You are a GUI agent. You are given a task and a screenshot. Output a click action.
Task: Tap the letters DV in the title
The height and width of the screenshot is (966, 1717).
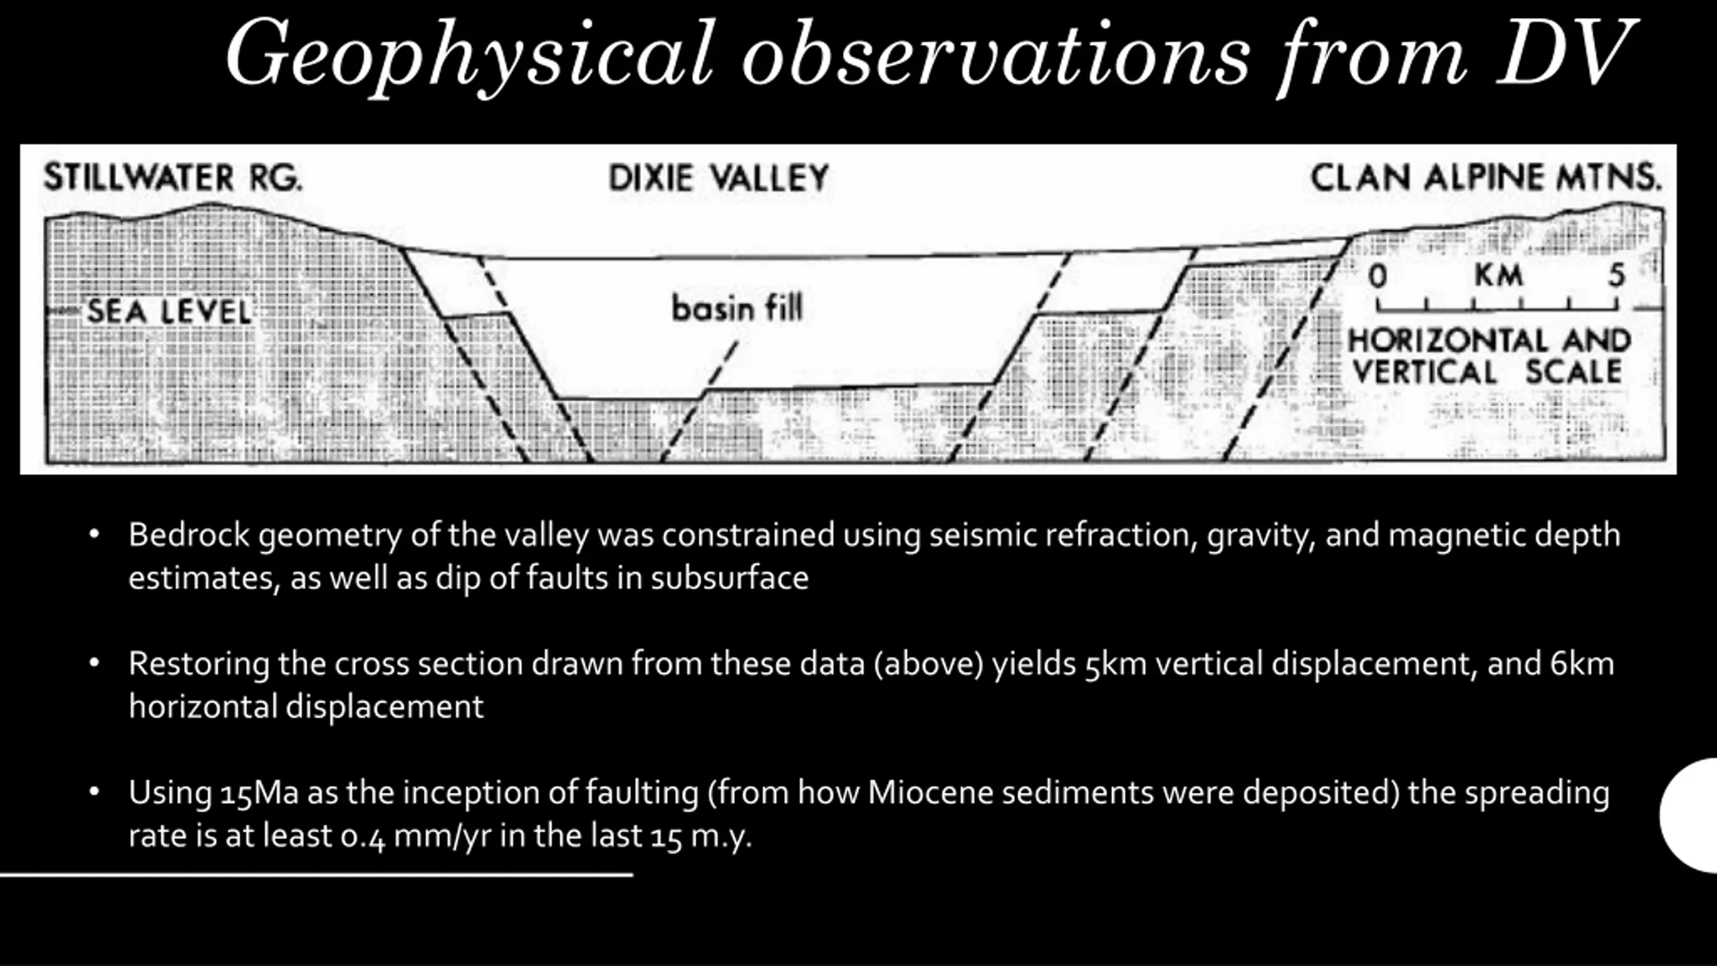pos(1566,54)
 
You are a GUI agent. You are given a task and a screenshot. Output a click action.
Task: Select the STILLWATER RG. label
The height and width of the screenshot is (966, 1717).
pos(173,178)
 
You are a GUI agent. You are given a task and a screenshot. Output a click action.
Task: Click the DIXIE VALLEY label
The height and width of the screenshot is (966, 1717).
pos(719,178)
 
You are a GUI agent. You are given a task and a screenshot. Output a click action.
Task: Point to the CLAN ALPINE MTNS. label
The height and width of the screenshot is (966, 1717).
pos(1486,178)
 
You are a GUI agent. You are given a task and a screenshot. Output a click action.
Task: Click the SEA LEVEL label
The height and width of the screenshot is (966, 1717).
pos(169,313)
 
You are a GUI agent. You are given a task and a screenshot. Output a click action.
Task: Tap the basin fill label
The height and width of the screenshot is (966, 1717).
pos(737,309)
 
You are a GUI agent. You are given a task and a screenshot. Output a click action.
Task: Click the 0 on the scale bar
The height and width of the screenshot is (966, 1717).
pos(1378,276)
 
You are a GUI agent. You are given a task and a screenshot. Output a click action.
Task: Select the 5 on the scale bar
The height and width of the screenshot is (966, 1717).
pos(1617,275)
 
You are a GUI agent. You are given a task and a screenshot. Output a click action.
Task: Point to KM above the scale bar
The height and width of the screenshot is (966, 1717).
pos(1498,275)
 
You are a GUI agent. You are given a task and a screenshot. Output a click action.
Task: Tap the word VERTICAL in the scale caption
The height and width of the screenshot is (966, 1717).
pos(1424,372)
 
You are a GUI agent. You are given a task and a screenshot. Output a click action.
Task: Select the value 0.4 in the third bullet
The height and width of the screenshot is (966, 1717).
pos(363,837)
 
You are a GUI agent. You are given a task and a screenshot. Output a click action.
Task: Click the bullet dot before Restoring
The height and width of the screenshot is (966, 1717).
pos(95,663)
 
